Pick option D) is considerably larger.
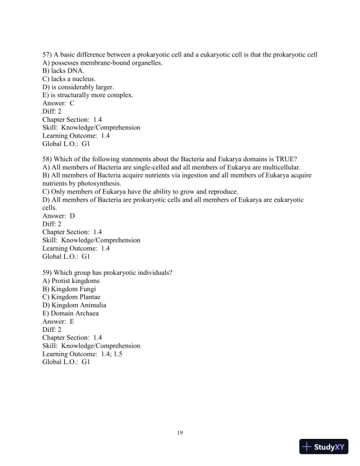coord(74,87)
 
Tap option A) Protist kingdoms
coord(71,281)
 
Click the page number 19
coord(180,433)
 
